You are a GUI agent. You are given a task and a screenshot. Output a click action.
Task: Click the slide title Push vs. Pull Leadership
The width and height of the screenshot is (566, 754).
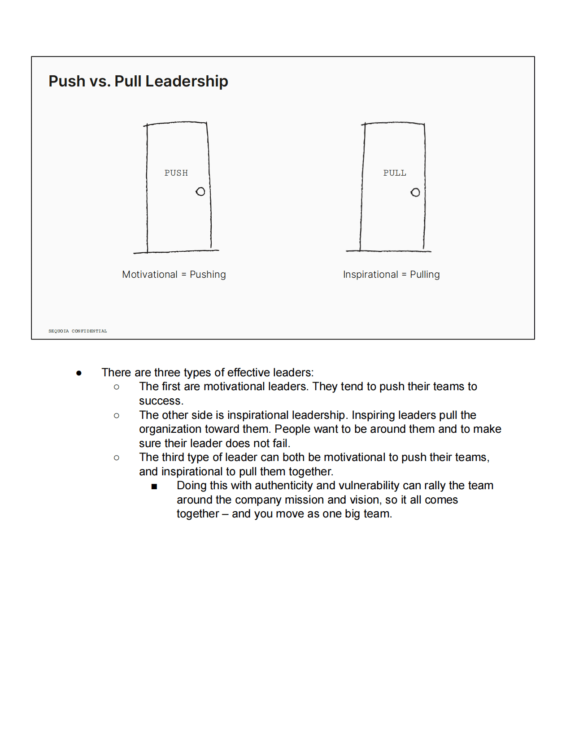[x=138, y=81]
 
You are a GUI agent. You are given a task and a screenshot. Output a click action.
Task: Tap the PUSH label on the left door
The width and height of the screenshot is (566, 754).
[x=176, y=173]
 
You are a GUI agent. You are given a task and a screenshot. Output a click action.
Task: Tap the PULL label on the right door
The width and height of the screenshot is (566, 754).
[x=395, y=173]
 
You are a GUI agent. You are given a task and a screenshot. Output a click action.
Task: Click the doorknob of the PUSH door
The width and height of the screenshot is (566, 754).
[x=200, y=192]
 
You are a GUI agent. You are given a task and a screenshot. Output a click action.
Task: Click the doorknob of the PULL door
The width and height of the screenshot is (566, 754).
[x=415, y=192]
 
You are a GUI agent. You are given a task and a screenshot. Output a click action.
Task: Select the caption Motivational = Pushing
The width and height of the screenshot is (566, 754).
[x=174, y=274]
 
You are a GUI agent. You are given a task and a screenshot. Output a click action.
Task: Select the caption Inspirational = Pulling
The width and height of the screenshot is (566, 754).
[x=391, y=274]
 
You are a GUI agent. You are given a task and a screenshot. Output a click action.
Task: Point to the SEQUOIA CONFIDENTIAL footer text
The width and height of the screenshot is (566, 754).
[x=78, y=331]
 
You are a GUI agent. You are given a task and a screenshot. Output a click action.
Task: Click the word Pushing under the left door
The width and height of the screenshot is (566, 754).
[x=208, y=274]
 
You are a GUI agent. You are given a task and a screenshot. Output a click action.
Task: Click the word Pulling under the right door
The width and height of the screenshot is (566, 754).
[x=425, y=274]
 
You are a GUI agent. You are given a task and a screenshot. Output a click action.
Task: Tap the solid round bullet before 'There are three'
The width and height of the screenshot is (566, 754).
[x=79, y=373]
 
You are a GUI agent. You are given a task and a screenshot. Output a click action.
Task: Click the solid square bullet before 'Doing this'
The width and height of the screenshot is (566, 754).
[x=154, y=486]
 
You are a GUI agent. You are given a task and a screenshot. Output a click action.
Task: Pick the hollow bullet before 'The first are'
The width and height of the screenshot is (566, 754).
[x=117, y=387]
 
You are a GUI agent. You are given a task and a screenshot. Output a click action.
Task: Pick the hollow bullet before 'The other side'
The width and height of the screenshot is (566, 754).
[x=117, y=415]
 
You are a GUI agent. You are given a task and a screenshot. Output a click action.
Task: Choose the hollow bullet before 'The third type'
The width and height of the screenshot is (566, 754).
[x=117, y=457]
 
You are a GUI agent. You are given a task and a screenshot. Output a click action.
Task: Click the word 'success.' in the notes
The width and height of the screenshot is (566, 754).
[x=161, y=401]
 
